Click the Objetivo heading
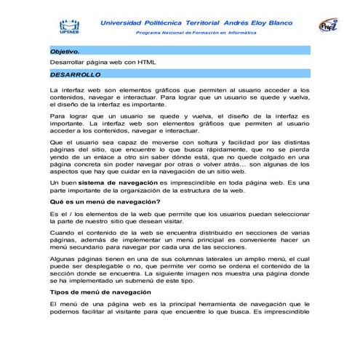click(65, 52)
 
